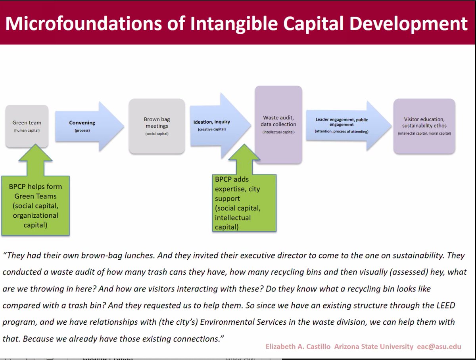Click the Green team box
coord(27,126)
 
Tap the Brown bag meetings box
coord(156,126)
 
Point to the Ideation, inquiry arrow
coord(216,125)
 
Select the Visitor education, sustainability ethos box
coord(424,126)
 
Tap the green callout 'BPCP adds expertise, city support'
coord(243,203)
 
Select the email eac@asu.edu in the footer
coord(439,346)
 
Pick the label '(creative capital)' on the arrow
coord(212,129)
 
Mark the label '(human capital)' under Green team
coord(27,130)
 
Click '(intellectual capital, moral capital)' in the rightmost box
coord(424,133)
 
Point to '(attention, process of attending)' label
coord(342,131)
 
